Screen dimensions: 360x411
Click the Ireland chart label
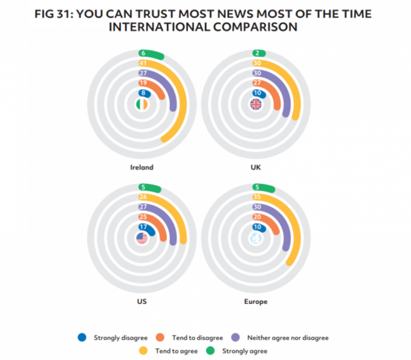point(142,167)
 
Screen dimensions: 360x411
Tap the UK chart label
point(256,167)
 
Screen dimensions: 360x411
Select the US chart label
point(142,301)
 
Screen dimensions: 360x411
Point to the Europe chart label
point(256,301)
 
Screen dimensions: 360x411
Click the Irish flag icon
point(142,105)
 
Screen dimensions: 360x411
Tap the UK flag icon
point(257,105)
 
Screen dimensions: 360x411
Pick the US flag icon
point(142,239)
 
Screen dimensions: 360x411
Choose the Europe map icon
point(257,239)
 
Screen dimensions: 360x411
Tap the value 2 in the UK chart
point(257,54)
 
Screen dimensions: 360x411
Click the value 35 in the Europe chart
point(257,197)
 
